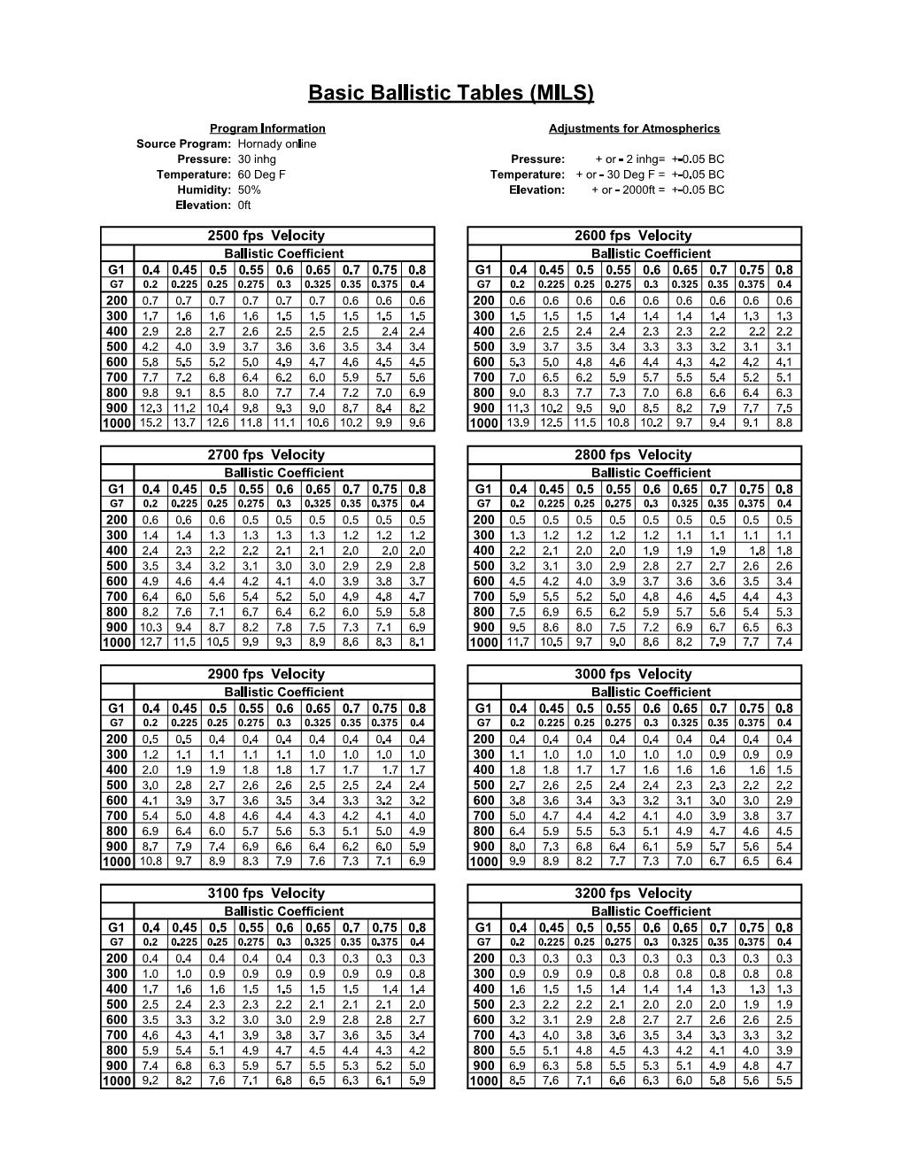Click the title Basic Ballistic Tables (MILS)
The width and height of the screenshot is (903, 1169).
451,93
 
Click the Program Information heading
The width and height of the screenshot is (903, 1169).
267,128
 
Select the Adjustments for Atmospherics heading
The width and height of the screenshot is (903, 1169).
634,128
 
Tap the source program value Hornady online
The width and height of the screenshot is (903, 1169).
277,143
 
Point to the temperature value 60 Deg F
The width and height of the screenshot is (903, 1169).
261,174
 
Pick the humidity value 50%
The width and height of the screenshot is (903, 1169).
249,190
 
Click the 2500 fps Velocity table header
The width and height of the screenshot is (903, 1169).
266,236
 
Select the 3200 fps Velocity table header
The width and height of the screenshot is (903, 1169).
633,893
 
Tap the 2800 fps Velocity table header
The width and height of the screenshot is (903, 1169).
633,454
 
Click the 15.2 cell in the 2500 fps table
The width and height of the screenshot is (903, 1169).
150,423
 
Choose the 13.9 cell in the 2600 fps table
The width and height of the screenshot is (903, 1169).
518,423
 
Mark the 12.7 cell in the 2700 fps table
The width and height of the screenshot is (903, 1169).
150,642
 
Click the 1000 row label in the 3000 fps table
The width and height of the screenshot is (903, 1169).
483,862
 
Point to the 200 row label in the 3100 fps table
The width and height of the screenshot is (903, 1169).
117,958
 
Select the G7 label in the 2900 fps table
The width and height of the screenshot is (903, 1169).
117,724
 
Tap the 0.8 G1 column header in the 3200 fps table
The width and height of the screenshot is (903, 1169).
784,927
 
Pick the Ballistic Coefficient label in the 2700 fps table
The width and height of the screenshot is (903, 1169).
283,473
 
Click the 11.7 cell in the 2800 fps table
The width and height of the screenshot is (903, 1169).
518,642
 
